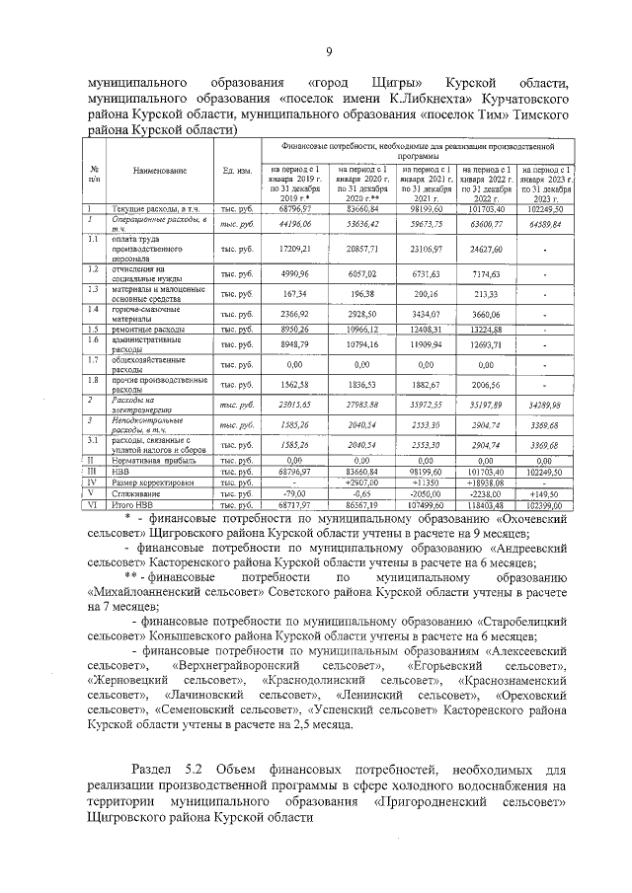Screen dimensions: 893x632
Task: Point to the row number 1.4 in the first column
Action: coord(92,310)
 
